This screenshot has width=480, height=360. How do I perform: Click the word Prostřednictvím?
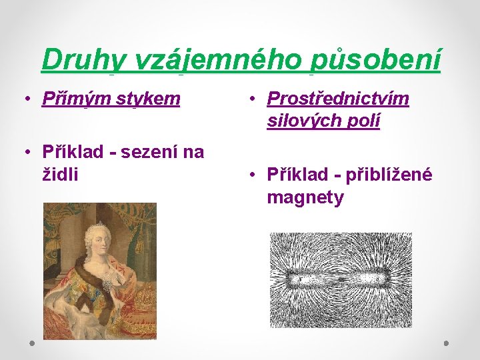(337, 99)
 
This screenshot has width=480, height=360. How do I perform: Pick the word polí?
(365, 122)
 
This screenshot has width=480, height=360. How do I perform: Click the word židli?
(60, 175)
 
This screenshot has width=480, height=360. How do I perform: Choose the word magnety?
(305, 197)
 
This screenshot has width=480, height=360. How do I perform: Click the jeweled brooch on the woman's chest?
(107, 283)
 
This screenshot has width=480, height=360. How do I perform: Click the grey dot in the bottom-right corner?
(446, 343)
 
